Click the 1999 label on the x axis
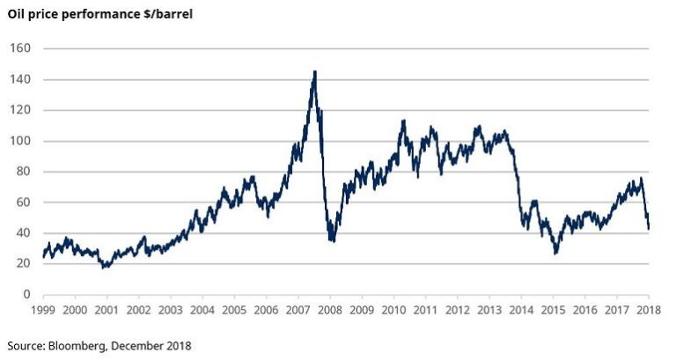(43, 311)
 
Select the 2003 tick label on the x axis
(170, 311)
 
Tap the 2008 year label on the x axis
(329, 311)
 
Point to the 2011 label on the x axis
(425, 311)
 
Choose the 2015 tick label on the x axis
(553, 311)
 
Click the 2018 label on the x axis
(649, 311)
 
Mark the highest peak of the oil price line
(315, 71)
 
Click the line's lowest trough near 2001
(105, 267)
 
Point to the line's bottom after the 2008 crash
(332, 240)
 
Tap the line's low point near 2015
(555, 253)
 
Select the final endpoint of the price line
(649, 229)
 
